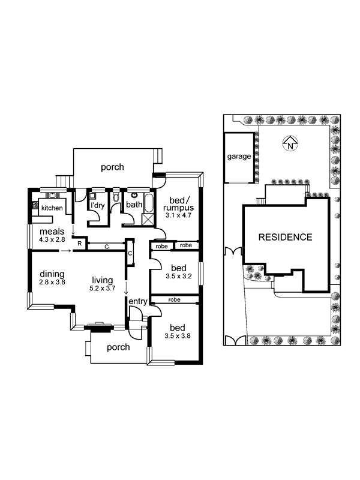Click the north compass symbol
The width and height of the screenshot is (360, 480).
point(290,143)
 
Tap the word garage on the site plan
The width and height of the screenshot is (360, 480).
point(239,157)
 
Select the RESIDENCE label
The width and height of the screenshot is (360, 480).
point(286,237)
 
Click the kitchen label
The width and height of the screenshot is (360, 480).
point(52,208)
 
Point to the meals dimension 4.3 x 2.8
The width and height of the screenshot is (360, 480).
point(52,239)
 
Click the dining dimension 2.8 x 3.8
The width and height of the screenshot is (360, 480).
point(52,282)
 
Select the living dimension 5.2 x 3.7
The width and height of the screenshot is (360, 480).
point(102,288)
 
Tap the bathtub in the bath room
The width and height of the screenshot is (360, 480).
point(148,203)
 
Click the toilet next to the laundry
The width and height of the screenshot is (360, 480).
point(116,197)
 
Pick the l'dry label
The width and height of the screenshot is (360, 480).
point(97,205)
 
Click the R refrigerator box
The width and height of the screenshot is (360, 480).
point(80,244)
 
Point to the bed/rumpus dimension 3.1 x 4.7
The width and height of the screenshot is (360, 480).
point(178,215)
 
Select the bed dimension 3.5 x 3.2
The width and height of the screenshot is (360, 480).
point(179,276)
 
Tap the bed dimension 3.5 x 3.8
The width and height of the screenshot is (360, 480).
point(178,336)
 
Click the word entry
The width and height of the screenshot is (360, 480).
point(138,302)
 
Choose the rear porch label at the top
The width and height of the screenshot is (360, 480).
point(112,167)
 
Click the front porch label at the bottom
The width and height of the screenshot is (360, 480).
point(118,347)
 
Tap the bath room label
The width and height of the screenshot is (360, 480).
point(134,205)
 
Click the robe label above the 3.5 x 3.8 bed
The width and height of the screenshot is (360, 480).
point(174,299)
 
